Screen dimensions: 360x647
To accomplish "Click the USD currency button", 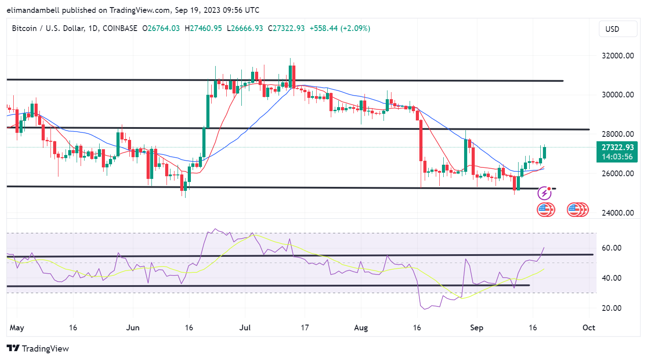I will click(x=618, y=29).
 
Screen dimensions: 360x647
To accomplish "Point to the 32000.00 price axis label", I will click(x=617, y=56).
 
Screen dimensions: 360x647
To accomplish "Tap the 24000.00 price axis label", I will click(x=617, y=213).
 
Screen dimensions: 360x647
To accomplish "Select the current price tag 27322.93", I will click(x=617, y=147).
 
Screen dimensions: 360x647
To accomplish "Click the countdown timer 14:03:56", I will click(x=617, y=157).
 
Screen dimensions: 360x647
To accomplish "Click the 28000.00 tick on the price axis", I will click(x=617, y=134).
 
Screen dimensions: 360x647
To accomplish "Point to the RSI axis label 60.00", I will click(x=611, y=248).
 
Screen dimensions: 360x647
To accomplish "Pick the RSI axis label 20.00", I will click(x=611, y=308).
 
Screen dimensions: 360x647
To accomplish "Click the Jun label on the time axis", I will click(x=133, y=328).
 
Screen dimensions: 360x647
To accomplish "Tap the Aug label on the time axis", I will click(x=361, y=328).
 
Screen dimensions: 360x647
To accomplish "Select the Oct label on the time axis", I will click(x=589, y=328).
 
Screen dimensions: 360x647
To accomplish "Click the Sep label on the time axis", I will click(x=477, y=328).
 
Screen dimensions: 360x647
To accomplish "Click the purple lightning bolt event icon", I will click(x=544, y=193).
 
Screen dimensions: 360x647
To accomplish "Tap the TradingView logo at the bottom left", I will click(x=38, y=348).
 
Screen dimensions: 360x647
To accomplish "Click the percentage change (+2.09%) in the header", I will click(x=355, y=28).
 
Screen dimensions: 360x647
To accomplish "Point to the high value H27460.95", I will click(x=203, y=28).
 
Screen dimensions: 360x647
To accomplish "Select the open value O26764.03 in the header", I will click(x=161, y=28).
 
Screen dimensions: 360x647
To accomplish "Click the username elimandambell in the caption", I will click(x=33, y=10).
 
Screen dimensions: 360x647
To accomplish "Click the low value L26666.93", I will click(x=245, y=28).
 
